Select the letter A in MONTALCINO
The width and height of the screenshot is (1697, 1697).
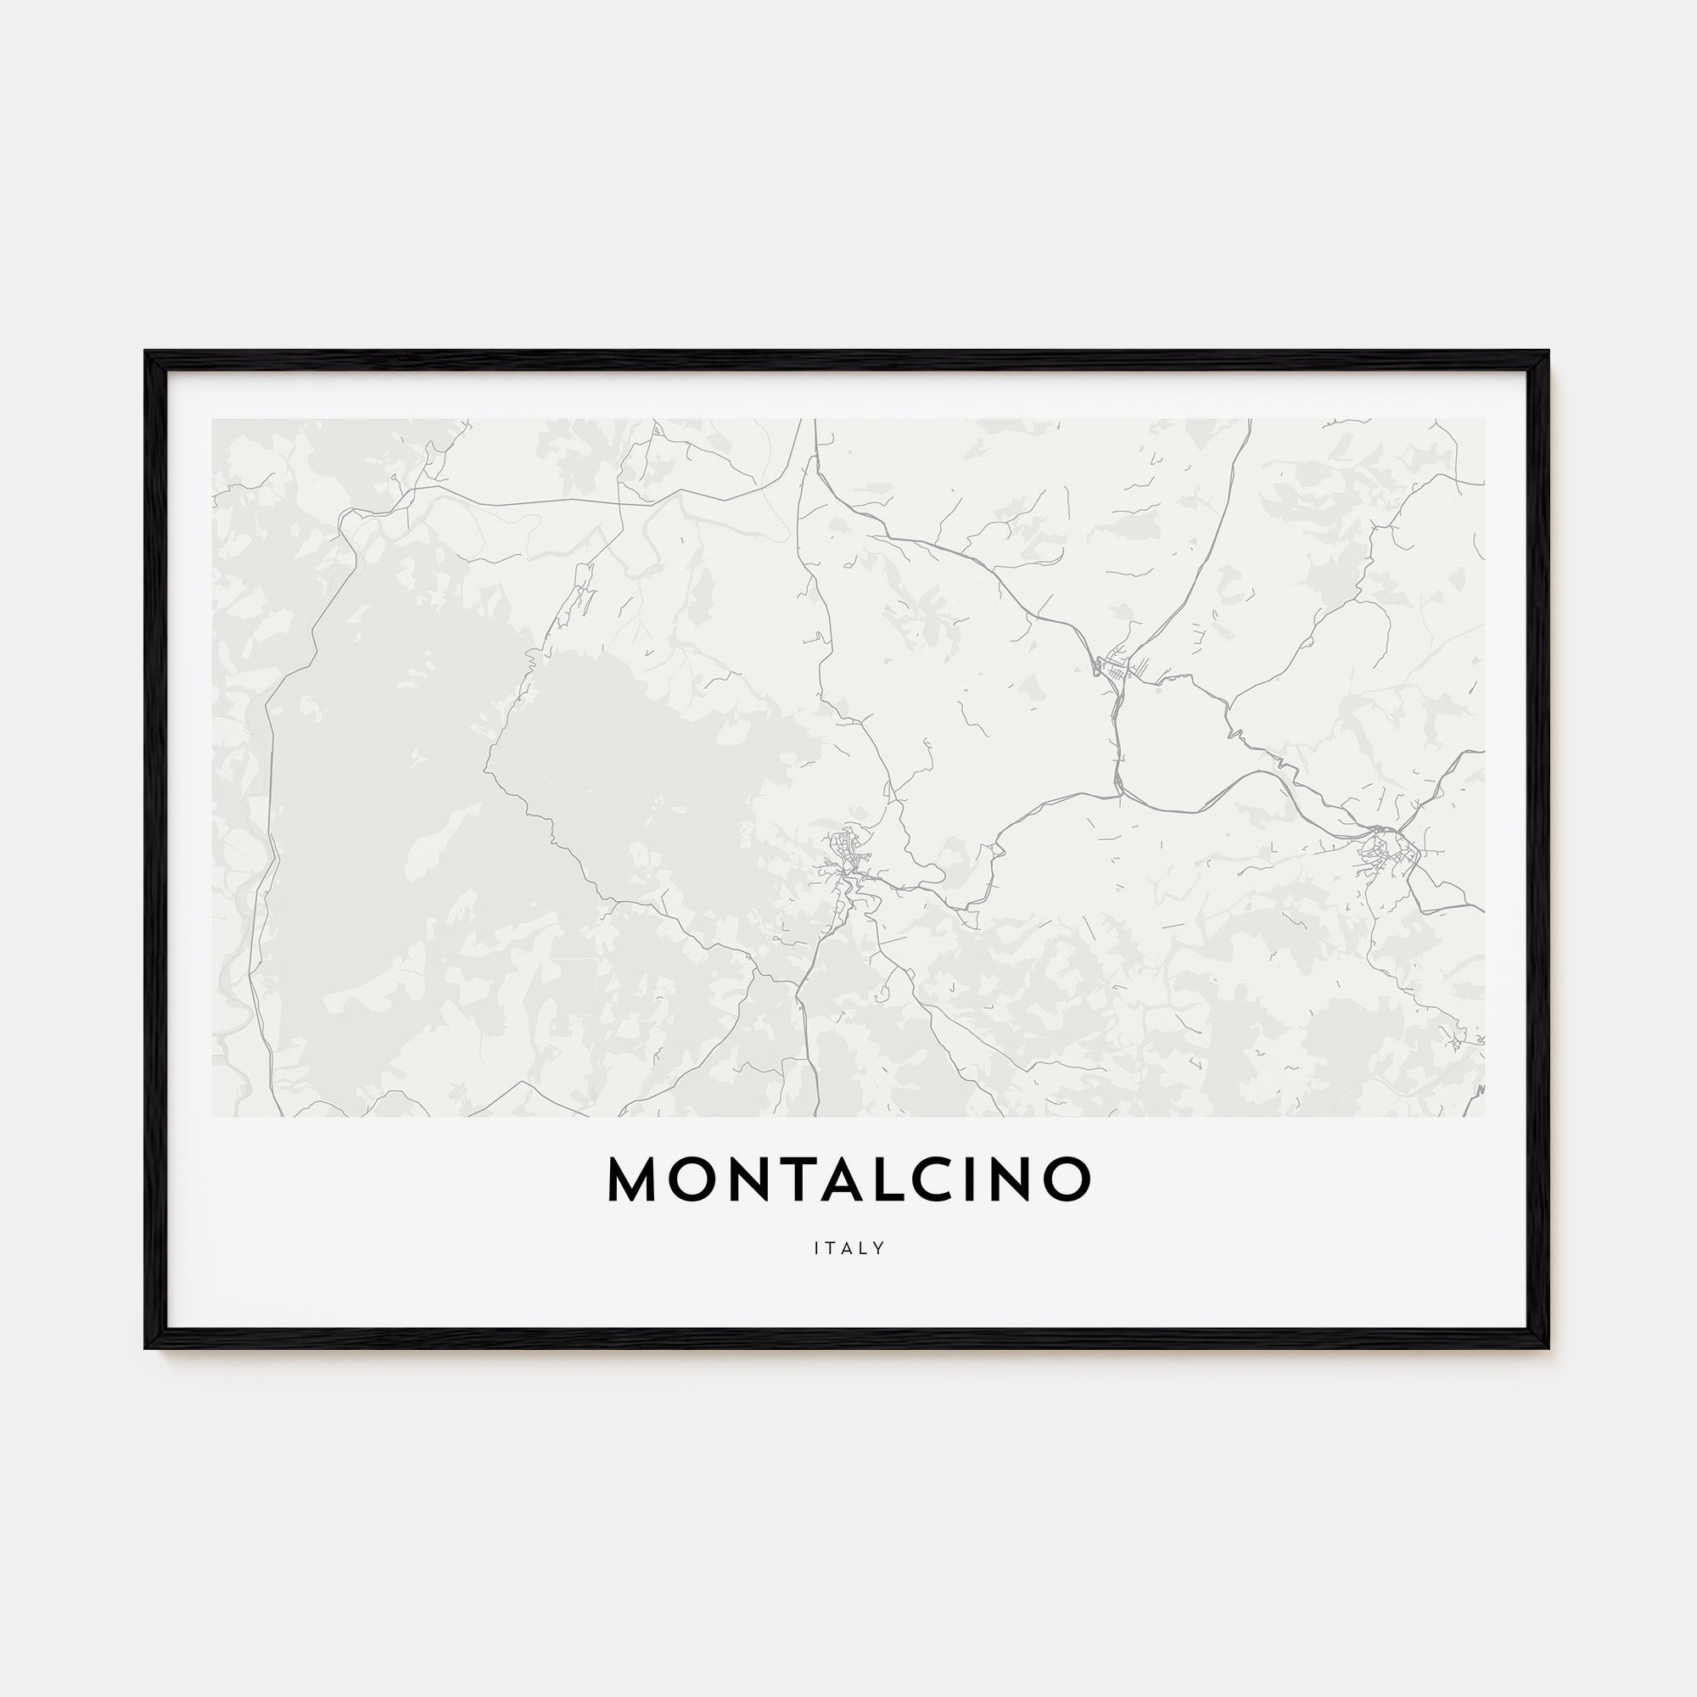click(848, 1179)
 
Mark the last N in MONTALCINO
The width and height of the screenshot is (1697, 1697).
click(1017, 1179)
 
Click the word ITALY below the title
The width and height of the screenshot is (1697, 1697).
click(848, 1248)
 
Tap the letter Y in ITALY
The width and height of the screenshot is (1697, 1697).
click(878, 1248)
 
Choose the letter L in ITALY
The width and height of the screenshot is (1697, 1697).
click(864, 1248)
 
